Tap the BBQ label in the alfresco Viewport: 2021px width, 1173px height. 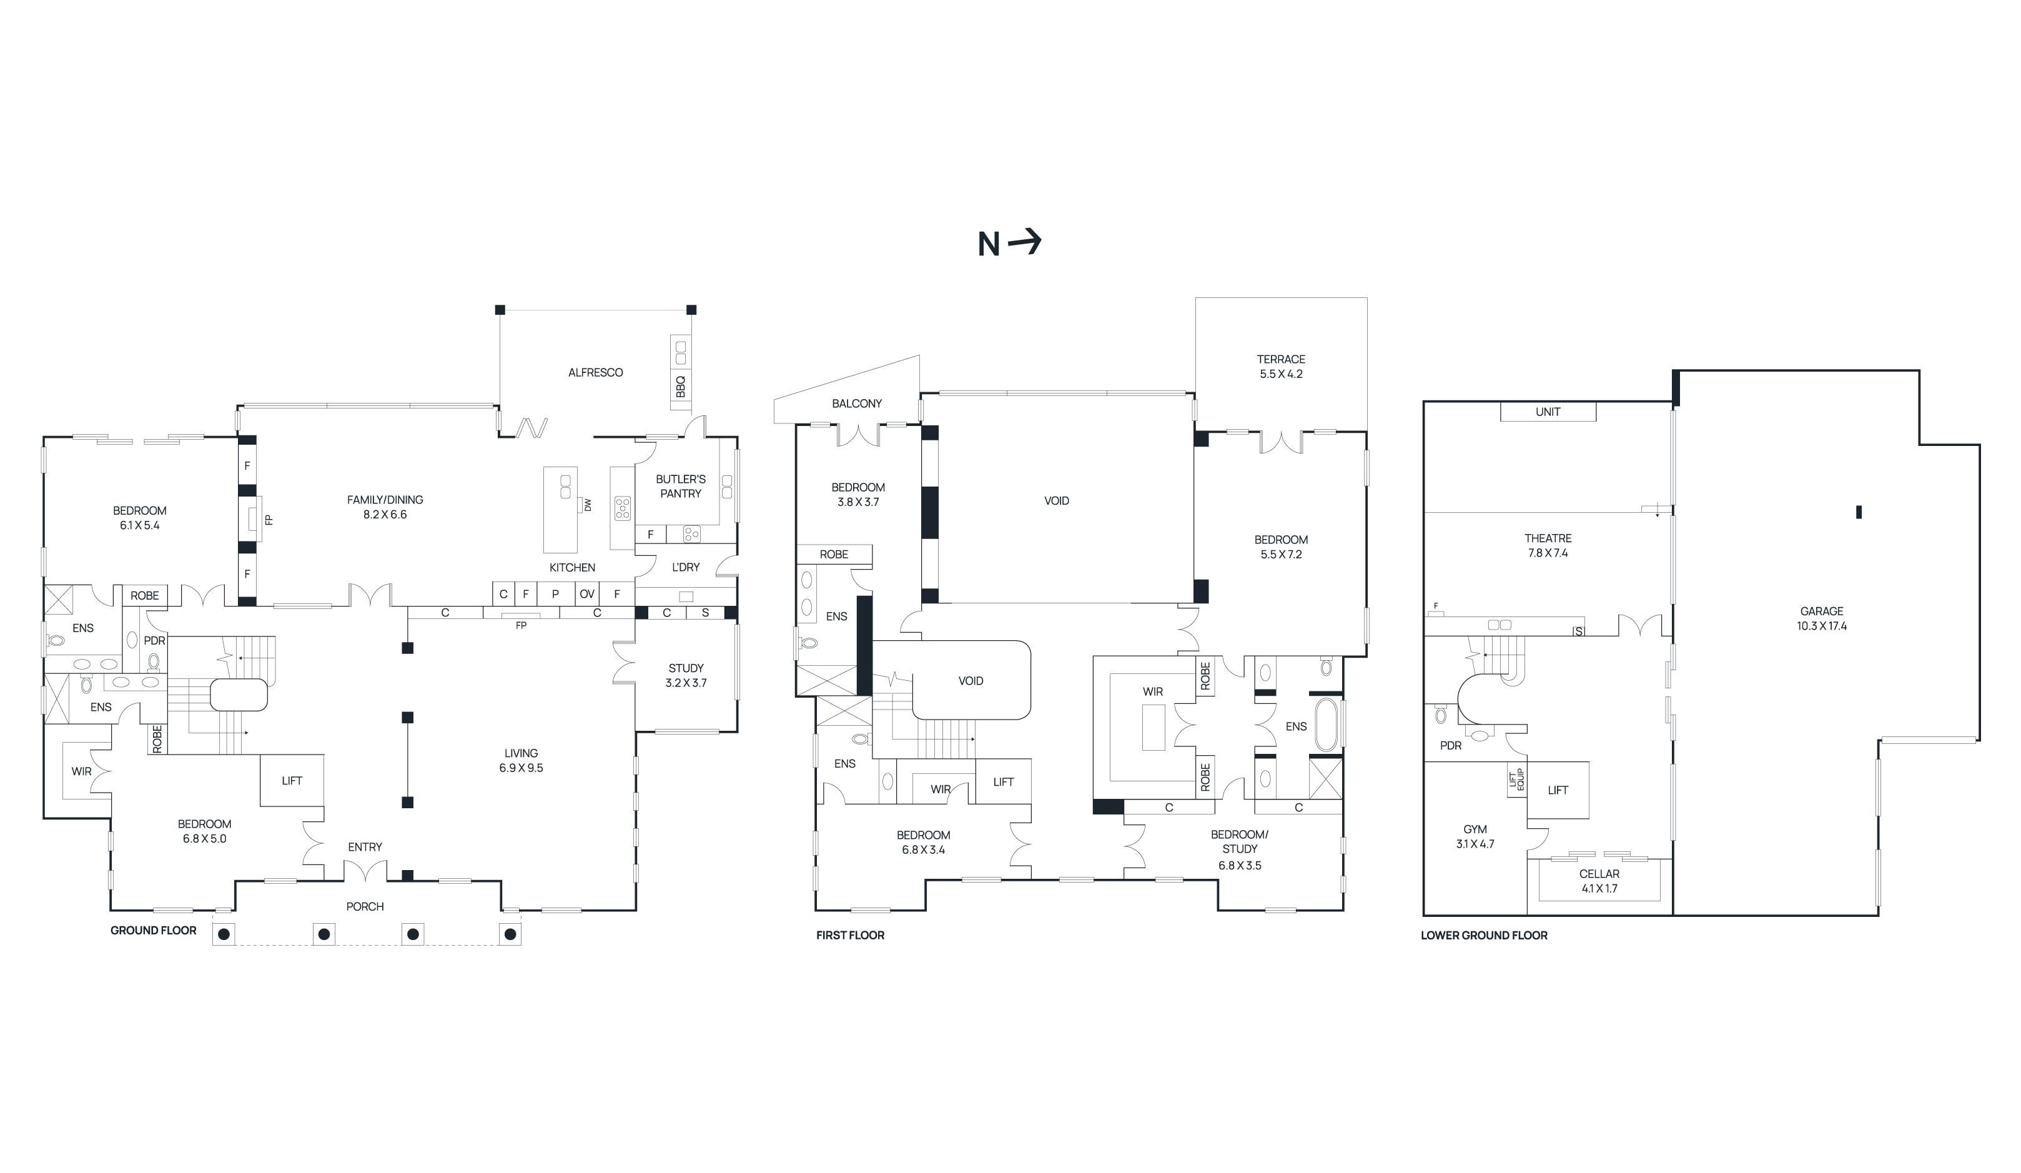coord(681,387)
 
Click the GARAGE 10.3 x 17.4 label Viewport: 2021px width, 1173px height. coord(1821,618)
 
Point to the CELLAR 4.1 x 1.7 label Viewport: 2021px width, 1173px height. coord(1599,881)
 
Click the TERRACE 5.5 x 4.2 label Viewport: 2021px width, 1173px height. coord(1281,367)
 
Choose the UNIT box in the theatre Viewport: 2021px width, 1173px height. coord(1548,412)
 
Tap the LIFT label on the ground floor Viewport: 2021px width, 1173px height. coord(292,781)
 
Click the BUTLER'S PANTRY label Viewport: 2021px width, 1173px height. coord(681,486)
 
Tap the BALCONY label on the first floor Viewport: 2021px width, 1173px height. coord(856,403)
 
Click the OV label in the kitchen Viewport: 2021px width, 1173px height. coord(587,595)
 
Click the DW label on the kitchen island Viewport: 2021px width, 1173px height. coord(587,505)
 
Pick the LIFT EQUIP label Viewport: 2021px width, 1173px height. coord(1516,780)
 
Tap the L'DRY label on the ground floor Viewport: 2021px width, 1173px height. coord(686,567)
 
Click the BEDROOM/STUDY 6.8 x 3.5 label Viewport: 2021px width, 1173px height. coord(1240,849)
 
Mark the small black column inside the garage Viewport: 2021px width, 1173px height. coord(1859,512)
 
